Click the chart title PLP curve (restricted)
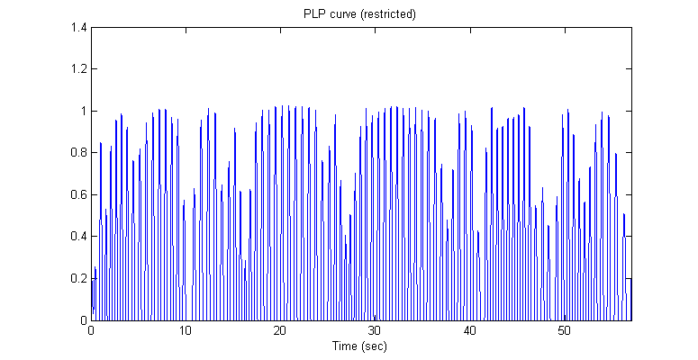coord(361,14)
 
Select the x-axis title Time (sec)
coord(361,345)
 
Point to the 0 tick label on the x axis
coord(91,330)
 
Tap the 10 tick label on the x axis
coord(186,330)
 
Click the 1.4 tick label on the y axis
coord(78,28)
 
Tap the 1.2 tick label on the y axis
coord(78,69)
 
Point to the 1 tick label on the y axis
coord(83,112)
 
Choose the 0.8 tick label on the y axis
coord(78,153)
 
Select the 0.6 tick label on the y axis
coord(78,194)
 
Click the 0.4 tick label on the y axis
coord(78,237)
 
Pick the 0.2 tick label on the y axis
coord(78,278)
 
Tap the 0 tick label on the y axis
coord(83,320)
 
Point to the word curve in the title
coord(343,14)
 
